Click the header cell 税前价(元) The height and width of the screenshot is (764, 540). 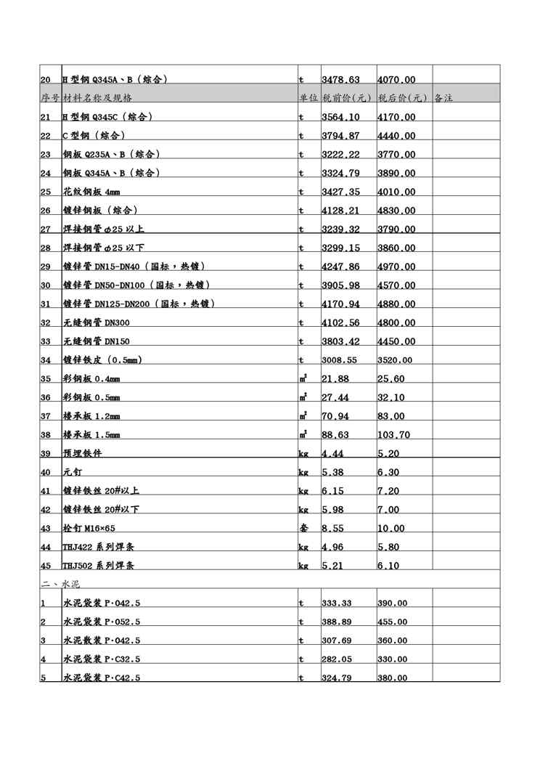346,97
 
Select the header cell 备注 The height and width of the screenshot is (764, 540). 443,97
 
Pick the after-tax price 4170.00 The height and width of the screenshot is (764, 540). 396,117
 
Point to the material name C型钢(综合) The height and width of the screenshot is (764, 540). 94,136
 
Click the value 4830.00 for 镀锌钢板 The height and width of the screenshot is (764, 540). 396,211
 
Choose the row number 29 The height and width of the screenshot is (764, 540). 46,267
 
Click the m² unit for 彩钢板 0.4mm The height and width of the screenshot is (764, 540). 303,378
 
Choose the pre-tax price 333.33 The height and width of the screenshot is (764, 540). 337,604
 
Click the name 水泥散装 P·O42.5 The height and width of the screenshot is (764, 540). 101,641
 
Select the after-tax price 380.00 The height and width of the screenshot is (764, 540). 393,678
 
